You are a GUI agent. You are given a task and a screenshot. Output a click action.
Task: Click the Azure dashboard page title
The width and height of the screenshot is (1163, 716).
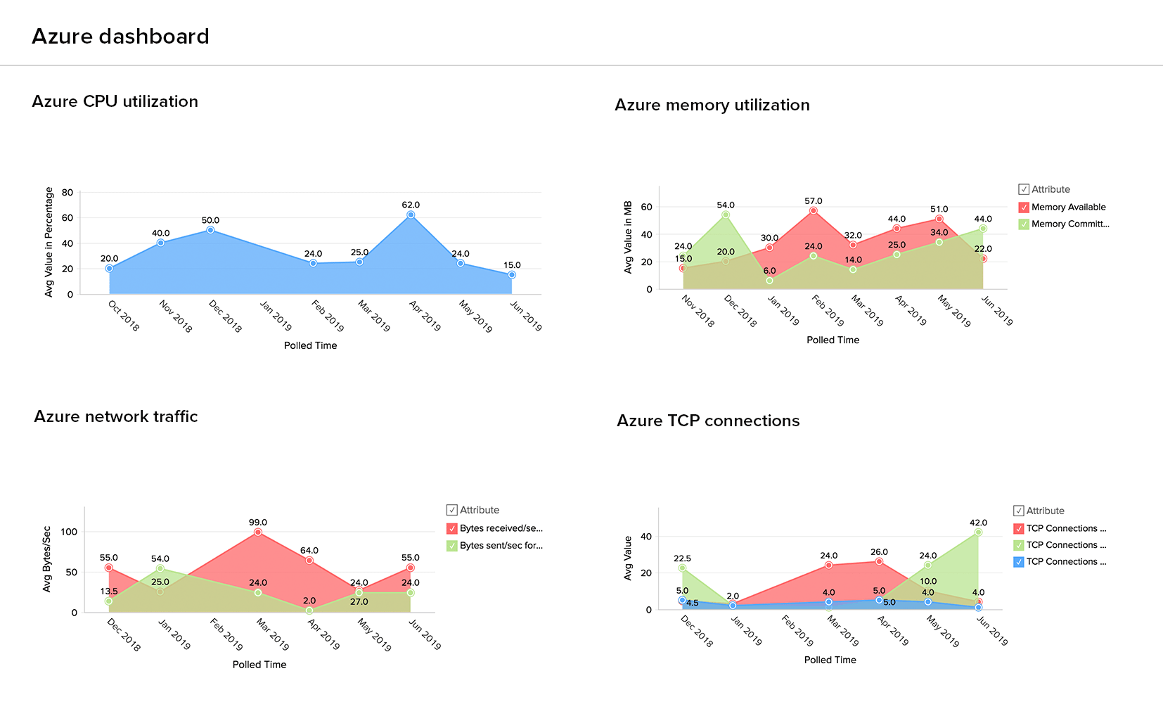pos(120,37)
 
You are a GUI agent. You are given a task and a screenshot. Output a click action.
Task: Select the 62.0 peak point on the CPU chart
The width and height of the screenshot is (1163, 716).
pos(411,215)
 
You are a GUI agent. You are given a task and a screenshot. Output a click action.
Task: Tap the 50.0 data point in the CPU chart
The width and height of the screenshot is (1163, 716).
pos(210,230)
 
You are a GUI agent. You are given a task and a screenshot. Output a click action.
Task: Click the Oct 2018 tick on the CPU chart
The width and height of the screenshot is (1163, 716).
pos(124,316)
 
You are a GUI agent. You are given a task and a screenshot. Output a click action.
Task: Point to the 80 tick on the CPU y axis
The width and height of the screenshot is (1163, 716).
pos(68,192)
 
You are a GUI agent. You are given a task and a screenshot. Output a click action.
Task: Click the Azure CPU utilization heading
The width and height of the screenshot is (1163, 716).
pos(115,101)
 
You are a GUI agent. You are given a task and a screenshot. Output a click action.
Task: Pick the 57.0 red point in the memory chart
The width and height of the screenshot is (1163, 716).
pos(814,210)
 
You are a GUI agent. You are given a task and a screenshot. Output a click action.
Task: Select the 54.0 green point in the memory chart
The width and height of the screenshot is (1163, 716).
pos(726,215)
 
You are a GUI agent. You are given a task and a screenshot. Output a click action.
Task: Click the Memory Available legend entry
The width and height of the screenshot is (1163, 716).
pos(1068,207)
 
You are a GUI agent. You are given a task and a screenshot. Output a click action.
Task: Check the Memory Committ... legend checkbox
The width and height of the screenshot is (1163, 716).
pos(1024,224)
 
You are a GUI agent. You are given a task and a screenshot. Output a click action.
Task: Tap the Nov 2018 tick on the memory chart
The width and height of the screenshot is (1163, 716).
pos(698,311)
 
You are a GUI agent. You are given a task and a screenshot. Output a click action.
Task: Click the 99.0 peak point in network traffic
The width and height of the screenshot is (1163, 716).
pos(258,532)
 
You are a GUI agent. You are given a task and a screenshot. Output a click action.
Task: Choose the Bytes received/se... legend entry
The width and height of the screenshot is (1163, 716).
pos(501,528)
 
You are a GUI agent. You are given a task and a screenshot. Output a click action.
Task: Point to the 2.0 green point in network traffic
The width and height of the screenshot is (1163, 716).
pos(309,610)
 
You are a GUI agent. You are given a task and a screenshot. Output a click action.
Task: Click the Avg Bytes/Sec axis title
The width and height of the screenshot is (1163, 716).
pos(47,559)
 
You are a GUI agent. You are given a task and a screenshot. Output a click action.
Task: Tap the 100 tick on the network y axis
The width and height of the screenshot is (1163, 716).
pos(69,532)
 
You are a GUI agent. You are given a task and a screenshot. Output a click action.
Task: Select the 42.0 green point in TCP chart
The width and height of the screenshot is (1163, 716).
pos(978,532)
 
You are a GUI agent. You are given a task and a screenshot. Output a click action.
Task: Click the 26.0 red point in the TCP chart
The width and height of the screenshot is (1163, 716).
pos(879,561)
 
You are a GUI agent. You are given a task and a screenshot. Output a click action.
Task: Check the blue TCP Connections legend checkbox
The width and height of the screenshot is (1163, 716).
pos(1019,562)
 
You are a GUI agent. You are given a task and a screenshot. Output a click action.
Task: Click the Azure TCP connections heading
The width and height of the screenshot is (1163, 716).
pos(708,421)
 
